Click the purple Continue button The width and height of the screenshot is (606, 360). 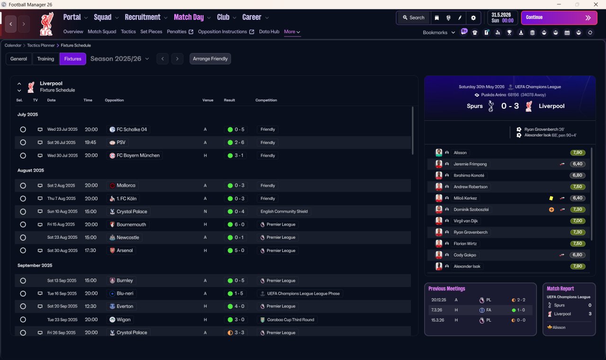point(559,18)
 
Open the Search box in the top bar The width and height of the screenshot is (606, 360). point(414,18)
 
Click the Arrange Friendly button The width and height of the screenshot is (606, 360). point(210,59)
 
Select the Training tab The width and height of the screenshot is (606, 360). point(45,59)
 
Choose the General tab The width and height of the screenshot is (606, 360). point(18,59)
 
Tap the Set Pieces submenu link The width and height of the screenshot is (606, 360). point(151,32)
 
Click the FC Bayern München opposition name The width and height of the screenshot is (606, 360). point(138,155)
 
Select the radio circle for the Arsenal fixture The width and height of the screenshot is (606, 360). point(23,251)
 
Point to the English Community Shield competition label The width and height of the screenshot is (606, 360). point(284,211)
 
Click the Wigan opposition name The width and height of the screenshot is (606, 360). point(124,319)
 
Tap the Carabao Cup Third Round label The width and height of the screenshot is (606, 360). point(291,320)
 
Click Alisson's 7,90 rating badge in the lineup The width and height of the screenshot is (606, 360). point(578,153)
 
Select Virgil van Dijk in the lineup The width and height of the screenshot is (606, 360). point(465,221)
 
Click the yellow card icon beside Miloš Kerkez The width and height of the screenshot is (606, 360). point(551,198)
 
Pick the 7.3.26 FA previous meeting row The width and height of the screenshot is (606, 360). point(480,310)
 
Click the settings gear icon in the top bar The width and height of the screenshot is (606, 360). point(473,18)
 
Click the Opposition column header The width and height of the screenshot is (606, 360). point(114,100)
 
